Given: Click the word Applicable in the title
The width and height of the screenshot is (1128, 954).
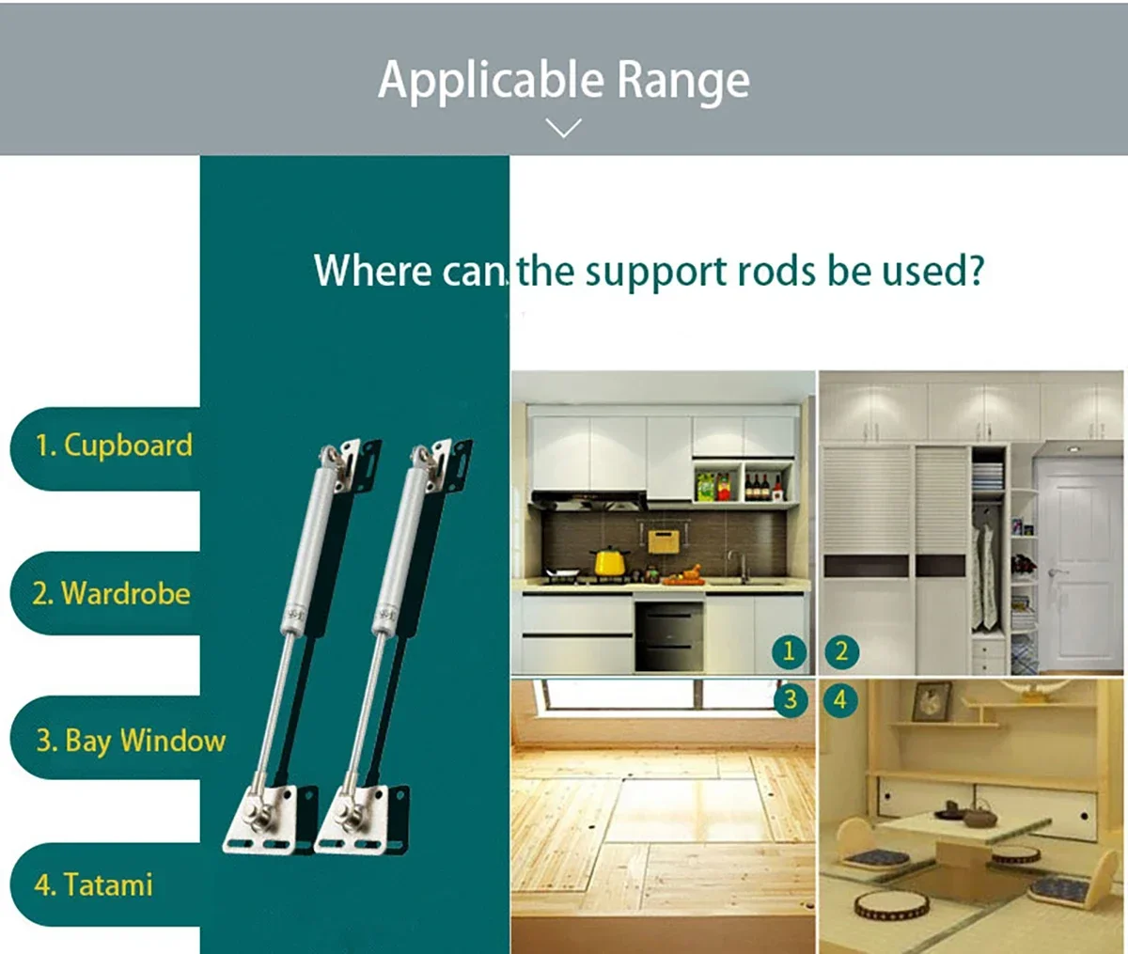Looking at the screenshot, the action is click(491, 80).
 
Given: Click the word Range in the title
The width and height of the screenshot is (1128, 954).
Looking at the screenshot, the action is click(683, 82).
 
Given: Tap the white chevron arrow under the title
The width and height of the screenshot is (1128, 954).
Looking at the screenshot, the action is click(564, 128).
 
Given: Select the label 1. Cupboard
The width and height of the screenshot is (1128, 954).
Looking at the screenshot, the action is click(114, 446).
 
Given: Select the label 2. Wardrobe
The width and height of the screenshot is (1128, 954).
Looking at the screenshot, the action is click(111, 593).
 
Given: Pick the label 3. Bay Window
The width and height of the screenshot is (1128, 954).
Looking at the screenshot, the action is click(131, 742).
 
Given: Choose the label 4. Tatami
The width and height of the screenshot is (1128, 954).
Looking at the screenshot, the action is click(93, 884).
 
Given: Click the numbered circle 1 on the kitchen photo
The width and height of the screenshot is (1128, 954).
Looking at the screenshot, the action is click(789, 651).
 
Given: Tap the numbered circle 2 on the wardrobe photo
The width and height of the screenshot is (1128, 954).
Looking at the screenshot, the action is click(841, 651).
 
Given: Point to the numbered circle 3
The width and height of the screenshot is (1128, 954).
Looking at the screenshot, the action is click(791, 699).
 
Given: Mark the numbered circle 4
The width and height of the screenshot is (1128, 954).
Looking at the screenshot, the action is click(840, 699).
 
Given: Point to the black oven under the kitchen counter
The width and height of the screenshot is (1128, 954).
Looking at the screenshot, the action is click(669, 635).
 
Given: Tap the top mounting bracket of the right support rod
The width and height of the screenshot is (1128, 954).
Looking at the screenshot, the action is click(443, 464).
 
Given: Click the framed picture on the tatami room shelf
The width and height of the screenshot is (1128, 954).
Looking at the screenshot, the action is click(931, 701).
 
